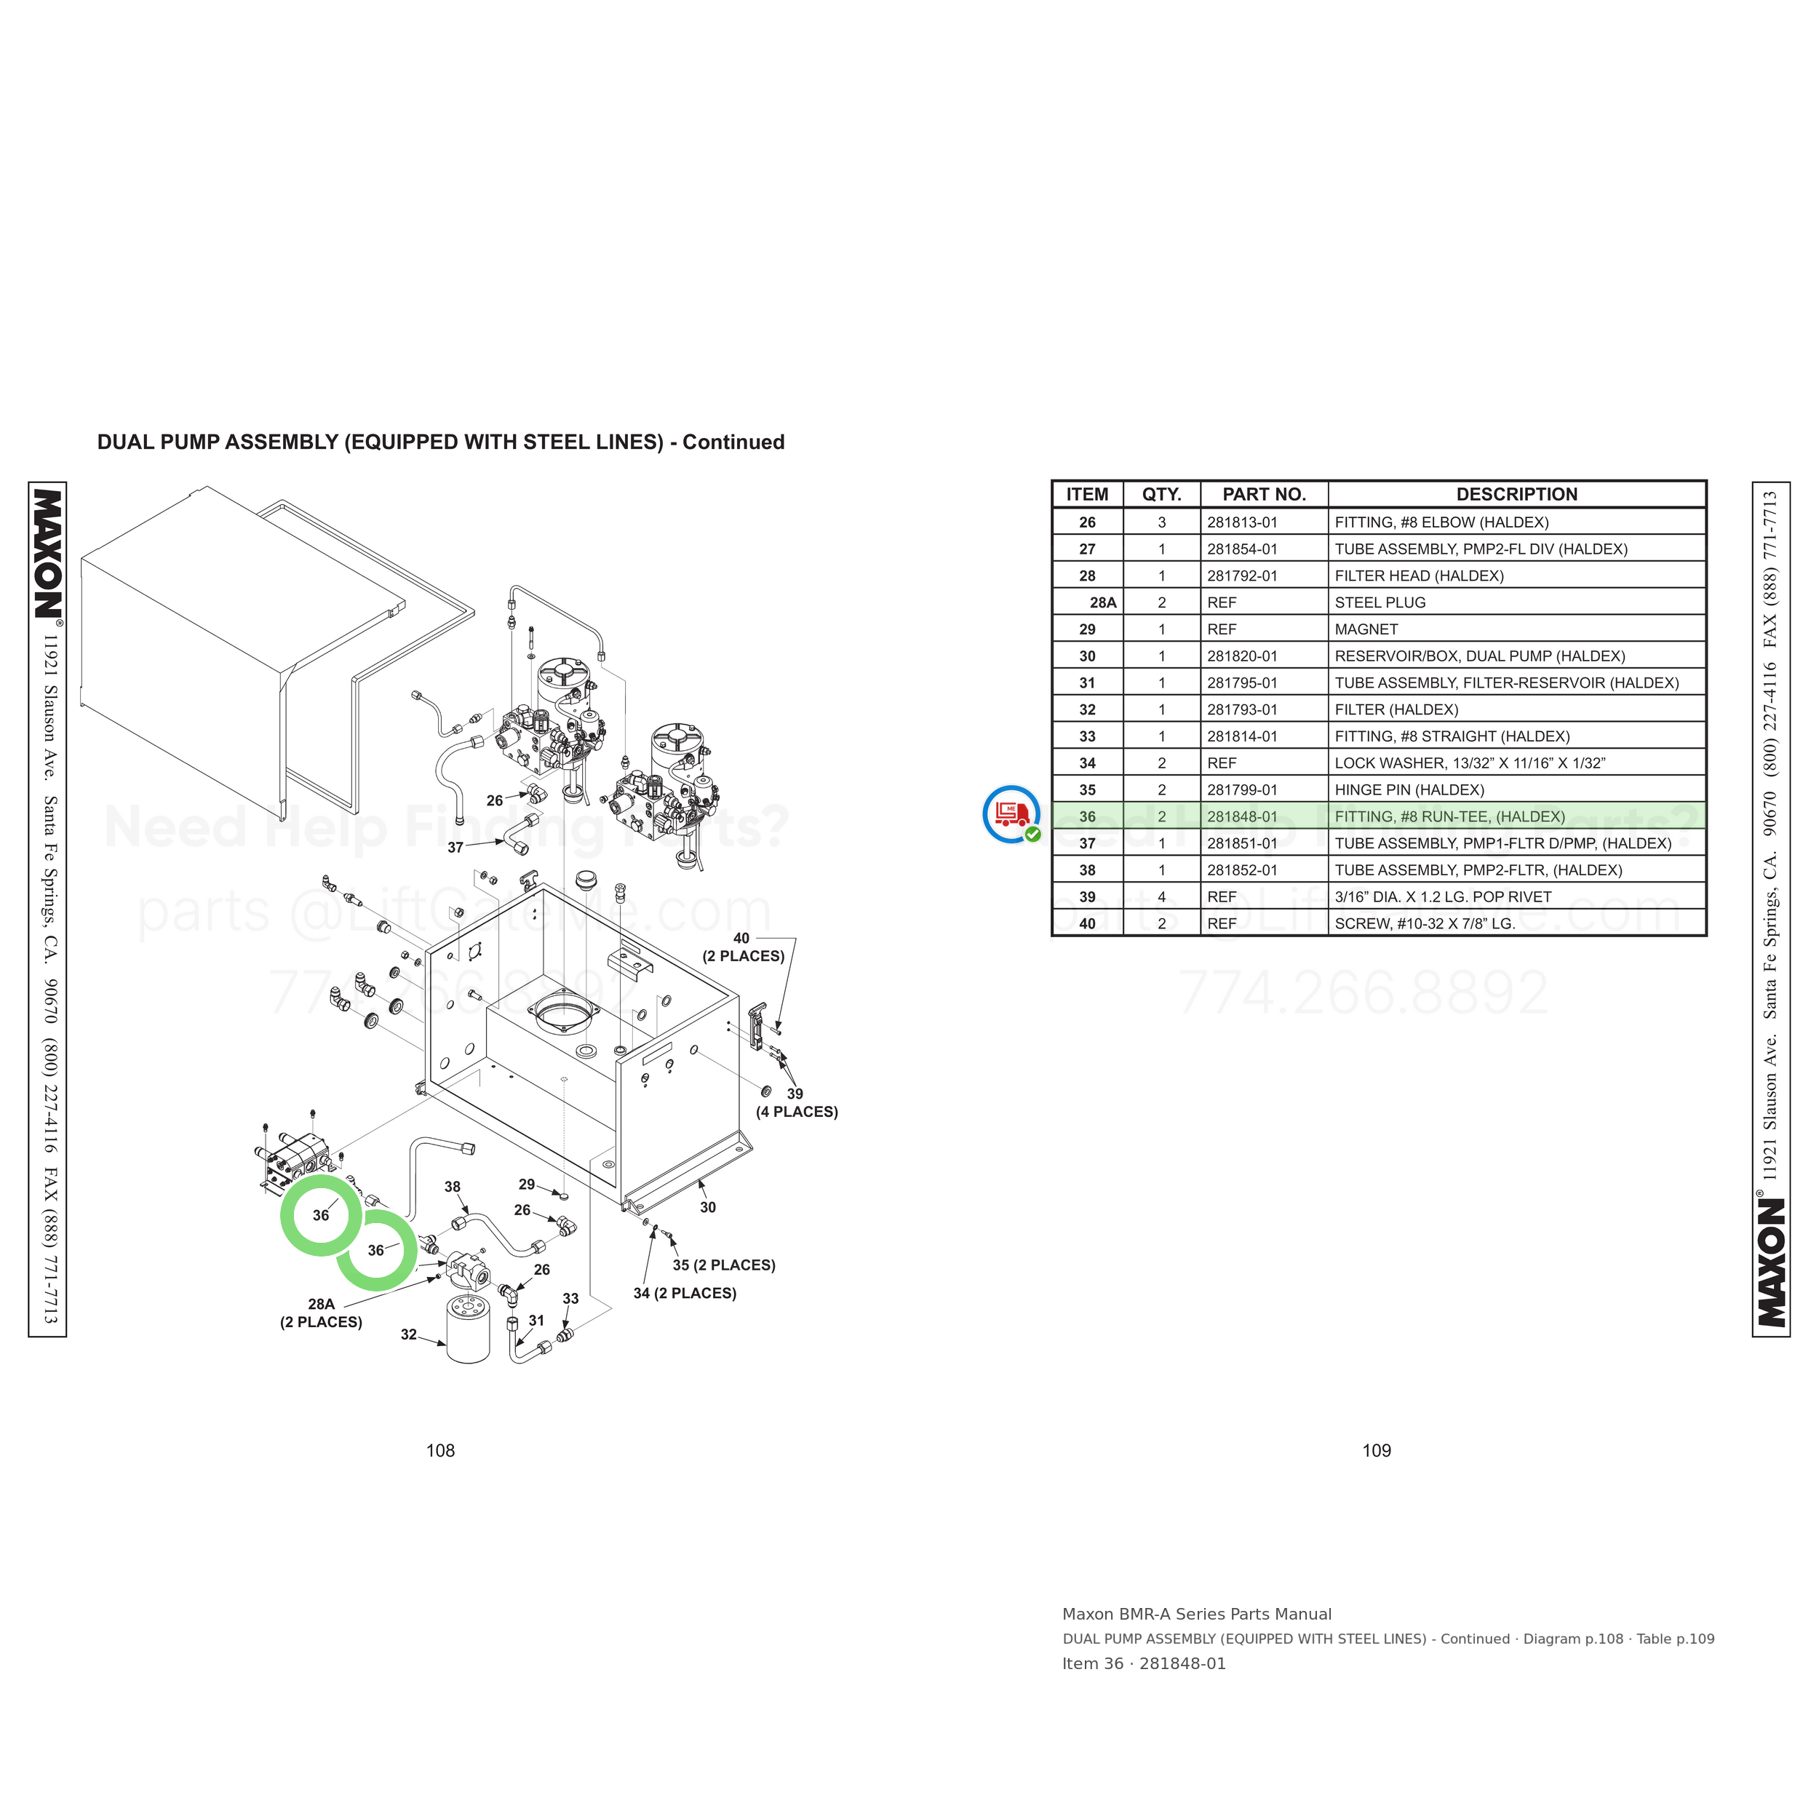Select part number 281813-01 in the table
1242,522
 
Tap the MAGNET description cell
1366,629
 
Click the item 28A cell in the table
1102,602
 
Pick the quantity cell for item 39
1162,897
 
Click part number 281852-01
1242,871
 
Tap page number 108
441,1451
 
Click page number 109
1377,1451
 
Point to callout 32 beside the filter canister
409,1334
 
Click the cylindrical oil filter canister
468,1329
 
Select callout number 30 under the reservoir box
708,1207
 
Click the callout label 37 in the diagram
455,848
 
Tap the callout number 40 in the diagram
742,938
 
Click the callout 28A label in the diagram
321,1304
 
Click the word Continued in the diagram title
733,442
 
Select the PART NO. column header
1264,494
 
